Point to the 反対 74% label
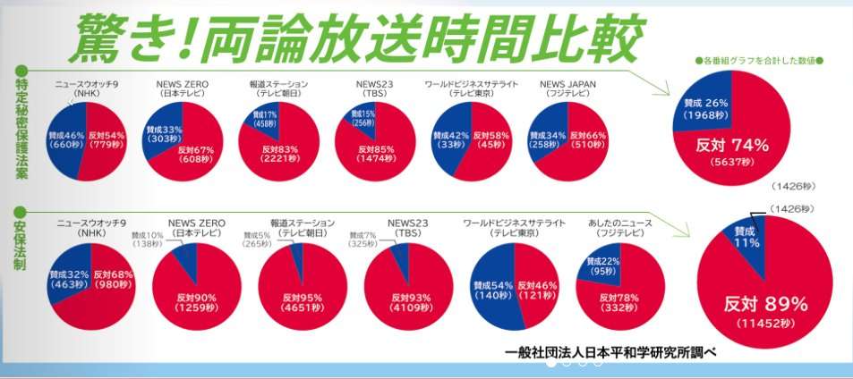(732, 145)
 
